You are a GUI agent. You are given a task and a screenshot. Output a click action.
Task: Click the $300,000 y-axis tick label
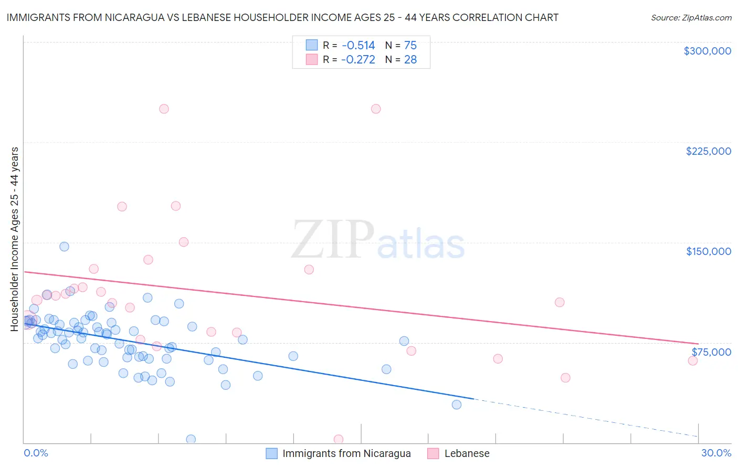pyautogui.click(x=707, y=51)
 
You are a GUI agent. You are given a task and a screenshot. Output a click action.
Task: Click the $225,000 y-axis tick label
pyautogui.click(x=708, y=151)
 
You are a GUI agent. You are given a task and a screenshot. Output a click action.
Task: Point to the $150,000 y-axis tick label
pyautogui.click(x=708, y=251)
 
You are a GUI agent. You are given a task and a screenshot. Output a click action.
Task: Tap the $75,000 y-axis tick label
pyautogui.click(x=711, y=352)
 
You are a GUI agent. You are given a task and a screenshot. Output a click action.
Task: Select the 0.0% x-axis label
pyautogui.click(x=36, y=453)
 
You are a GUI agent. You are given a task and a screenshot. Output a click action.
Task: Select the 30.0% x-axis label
pyautogui.click(x=716, y=453)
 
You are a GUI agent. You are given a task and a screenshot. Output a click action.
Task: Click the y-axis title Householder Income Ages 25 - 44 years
pyautogui.click(x=15, y=239)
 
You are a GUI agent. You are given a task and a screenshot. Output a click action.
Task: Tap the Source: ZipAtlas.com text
pyautogui.click(x=691, y=17)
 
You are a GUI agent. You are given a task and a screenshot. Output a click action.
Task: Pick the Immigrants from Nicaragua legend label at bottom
pyautogui.click(x=346, y=453)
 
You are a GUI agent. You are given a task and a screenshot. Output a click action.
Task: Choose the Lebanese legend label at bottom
pyautogui.click(x=467, y=453)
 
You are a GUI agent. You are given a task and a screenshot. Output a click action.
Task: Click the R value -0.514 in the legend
pyautogui.click(x=358, y=45)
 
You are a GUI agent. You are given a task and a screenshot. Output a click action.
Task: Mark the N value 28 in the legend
pyautogui.click(x=410, y=59)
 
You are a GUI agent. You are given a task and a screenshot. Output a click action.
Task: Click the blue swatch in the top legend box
pyautogui.click(x=312, y=45)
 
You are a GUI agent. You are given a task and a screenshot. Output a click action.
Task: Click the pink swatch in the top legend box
pyautogui.click(x=312, y=59)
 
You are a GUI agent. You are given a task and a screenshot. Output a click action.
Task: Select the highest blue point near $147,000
pyautogui.click(x=64, y=247)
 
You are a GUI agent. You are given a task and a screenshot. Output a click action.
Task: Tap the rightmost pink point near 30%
pyautogui.click(x=693, y=360)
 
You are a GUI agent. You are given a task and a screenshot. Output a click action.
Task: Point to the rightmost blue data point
pyautogui.click(x=457, y=405)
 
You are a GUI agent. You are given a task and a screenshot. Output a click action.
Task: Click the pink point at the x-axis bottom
pyautogui.click(x=339, y=439)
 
